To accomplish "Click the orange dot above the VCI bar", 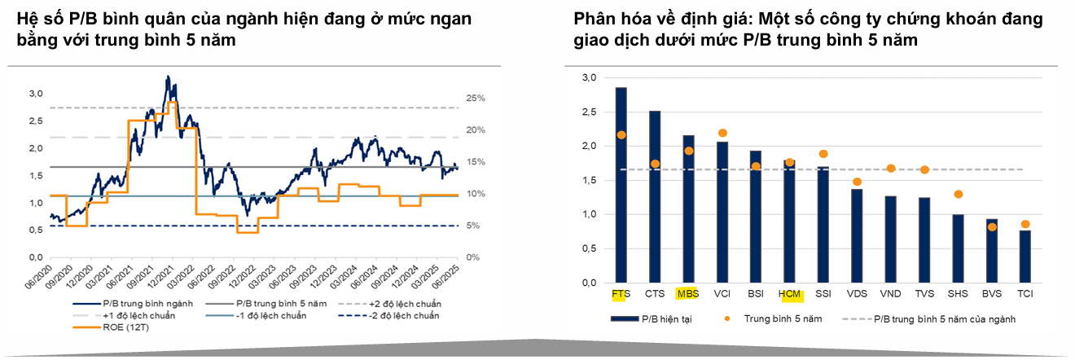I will click(x=722, y=133).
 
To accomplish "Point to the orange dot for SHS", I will click(x=959, y=194).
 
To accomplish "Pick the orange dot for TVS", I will click(x=924, y=169).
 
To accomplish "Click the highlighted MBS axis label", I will click(x=688, y=293).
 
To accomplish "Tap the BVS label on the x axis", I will click(x=991, y=293).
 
